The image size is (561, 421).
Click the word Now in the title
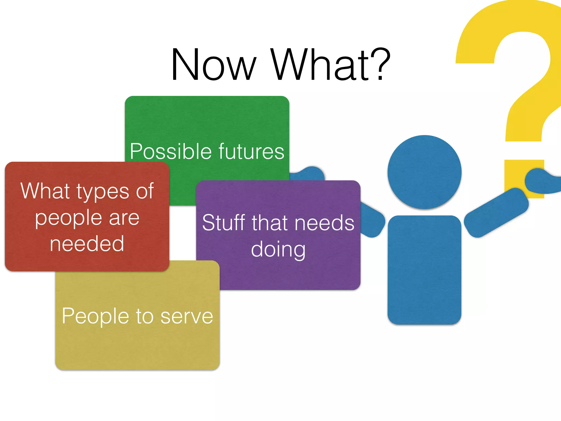(x=213, y=65)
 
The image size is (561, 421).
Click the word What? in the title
(x=330, y=65)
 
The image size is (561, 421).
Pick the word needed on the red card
(x=87, y=244)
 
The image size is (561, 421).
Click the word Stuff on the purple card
(x=224, y=223)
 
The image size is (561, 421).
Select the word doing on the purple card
(x=278, y=249)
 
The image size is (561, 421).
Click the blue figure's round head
(x=424, y=172)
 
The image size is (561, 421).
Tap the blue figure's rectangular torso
(x=424, y=270)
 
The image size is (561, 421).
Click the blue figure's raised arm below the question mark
(x=496, y=213)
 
